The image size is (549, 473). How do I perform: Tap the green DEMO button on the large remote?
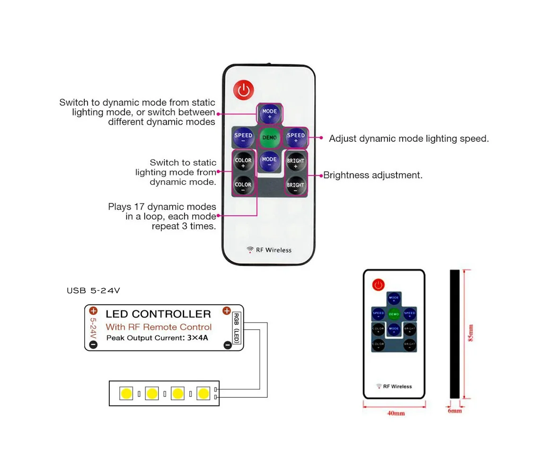coord(269,138)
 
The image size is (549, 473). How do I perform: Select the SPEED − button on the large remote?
coord(243,138)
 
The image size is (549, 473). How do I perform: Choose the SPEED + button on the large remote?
coord(295,138)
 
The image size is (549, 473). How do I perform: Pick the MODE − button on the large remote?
coord(269,161)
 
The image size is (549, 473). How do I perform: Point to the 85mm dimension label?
coord(471,333)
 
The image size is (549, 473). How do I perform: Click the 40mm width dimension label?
coord(396,413)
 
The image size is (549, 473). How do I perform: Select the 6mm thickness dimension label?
coord(455,411)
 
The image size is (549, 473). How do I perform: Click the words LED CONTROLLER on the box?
coord(158,314)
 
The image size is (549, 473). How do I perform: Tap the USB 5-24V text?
coord(93,290)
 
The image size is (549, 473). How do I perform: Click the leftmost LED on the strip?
coord(126,393)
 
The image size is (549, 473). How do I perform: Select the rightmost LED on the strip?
coord(204,393)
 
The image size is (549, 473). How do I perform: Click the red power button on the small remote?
coord(378,285)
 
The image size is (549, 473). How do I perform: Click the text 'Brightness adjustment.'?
coord(373,175)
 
